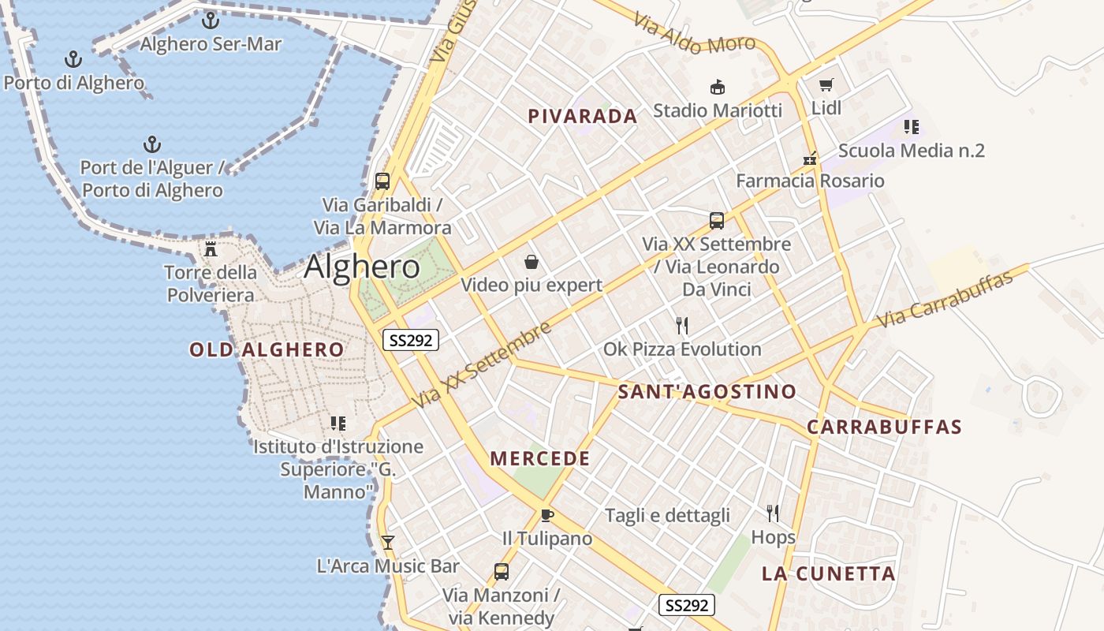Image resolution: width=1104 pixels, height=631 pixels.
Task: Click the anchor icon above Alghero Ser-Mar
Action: coord(210,21)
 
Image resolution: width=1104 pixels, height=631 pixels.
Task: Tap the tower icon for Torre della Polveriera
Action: coord(211,249)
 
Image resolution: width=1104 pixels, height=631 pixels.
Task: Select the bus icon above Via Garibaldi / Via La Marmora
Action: coord(382,181)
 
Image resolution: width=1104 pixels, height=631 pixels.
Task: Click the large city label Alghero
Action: coord(362,267)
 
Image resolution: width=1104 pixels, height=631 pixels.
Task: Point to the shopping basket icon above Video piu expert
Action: coord(531,262)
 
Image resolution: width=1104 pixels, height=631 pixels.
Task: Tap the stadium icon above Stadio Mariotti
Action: coord(718,87)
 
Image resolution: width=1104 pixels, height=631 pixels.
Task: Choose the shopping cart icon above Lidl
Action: coord(826,85)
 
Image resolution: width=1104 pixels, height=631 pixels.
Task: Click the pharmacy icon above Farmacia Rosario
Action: coord(810,158)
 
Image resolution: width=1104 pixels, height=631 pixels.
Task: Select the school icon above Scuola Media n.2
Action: coord(912,127)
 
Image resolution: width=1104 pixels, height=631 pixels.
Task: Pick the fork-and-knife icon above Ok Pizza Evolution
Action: coord(682,325)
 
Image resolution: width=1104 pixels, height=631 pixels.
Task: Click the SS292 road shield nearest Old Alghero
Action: coord(410,341)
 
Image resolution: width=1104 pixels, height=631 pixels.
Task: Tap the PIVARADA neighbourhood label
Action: coord(583,117)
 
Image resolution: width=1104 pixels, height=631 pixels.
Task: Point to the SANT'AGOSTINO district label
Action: coord(707,392)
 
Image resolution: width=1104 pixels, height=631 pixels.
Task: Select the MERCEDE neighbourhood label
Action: coord(540,459)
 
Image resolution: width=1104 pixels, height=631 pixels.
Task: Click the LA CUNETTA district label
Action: coord(828,574)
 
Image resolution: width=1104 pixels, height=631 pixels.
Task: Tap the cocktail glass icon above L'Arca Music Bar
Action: coord(387,543)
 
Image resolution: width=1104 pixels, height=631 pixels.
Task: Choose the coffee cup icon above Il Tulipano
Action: coord(546,515)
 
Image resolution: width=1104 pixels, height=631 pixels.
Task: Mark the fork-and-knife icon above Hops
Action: coord(773,513)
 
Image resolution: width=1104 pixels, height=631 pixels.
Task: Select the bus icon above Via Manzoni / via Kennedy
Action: coord(501,572)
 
